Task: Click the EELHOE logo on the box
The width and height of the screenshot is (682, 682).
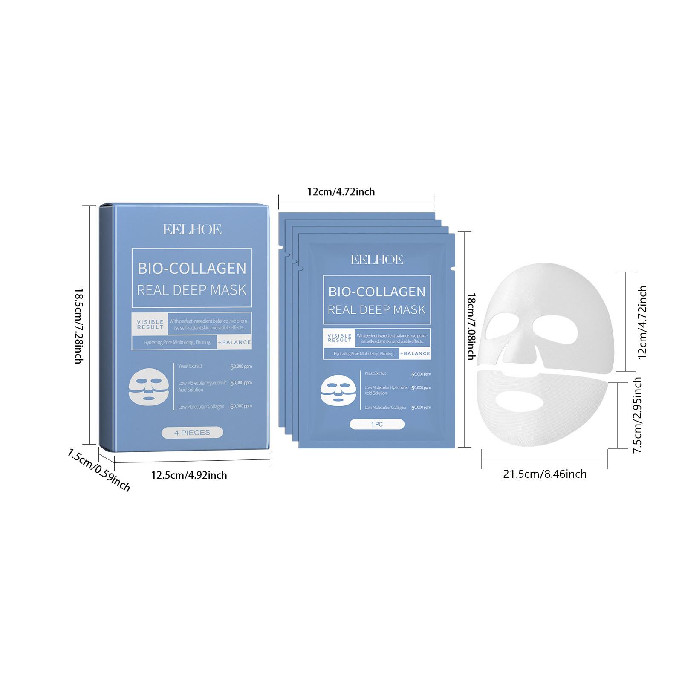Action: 192,230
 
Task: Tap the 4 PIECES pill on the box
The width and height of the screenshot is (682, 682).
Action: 192,433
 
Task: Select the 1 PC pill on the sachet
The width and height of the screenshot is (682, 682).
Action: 377,425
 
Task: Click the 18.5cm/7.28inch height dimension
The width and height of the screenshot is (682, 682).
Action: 78,326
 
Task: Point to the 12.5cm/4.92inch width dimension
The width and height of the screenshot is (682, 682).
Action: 189,475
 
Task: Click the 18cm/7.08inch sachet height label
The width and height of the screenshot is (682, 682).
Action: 471,326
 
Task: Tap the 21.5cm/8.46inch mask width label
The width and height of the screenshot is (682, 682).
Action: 545,474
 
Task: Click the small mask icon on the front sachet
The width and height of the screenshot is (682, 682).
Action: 337,391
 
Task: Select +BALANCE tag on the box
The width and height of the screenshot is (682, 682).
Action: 234,342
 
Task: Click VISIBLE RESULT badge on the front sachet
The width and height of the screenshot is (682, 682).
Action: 339,338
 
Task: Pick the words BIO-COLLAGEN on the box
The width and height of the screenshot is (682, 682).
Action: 192,268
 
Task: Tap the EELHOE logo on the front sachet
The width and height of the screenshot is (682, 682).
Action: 377,260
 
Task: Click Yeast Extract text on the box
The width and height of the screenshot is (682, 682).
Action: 190,366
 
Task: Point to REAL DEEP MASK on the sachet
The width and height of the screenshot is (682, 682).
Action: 377,309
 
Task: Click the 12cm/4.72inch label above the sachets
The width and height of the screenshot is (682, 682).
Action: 341,191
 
